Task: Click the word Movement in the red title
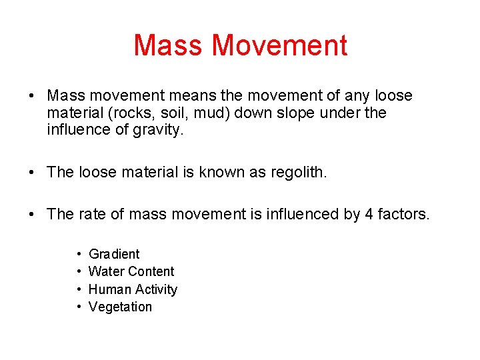[279, 45]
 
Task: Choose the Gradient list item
[114, 254]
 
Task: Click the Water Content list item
[131, 271]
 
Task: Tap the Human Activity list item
[133, 289]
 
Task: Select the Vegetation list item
[120, 307]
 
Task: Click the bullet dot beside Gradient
[79, 255]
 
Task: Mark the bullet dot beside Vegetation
[79, 307]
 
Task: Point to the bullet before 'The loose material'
[32, 172]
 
